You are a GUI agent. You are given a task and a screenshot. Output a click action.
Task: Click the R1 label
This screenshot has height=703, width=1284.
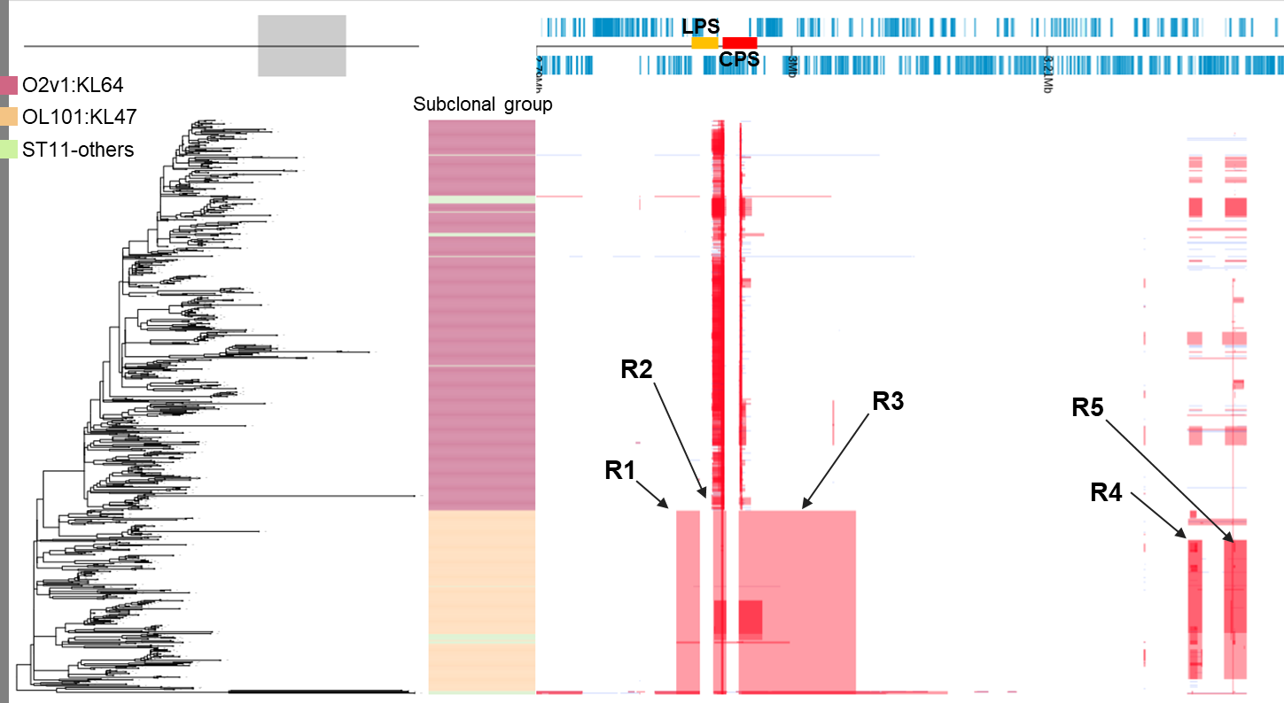tap(620, 470)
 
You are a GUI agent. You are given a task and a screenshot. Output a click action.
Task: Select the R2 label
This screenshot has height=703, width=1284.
tap(636, 369)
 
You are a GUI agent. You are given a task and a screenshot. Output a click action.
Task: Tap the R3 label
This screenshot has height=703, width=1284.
tap(888, 402)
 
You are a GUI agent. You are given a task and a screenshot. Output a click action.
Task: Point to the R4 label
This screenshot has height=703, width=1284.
tap(1106, 492)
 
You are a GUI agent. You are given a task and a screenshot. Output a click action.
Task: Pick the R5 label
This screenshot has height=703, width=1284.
tap(1087, 407)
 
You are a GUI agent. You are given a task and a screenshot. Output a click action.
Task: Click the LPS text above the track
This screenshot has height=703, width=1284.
tap(701, 26)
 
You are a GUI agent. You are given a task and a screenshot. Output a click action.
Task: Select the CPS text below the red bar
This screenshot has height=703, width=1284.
tap(739, 59)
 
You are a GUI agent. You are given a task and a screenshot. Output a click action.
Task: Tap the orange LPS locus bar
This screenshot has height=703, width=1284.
tap(704, 42)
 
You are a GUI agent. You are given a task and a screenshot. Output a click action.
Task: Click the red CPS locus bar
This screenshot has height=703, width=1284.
tap(740, 42)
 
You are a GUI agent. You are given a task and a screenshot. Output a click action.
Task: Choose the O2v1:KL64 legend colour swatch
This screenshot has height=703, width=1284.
tap(10, 86)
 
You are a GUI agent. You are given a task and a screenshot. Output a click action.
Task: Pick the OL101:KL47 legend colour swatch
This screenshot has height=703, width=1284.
tap(10, 118)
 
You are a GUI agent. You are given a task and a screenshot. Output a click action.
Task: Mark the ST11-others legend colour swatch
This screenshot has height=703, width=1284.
tap(10, 150)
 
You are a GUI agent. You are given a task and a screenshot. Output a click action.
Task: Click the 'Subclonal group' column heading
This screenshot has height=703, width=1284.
tap(483, 105)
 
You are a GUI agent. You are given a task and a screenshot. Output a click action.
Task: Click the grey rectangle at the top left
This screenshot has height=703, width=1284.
tap(302, 46)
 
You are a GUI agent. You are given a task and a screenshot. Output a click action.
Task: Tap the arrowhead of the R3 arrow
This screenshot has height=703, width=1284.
tap(804, 508)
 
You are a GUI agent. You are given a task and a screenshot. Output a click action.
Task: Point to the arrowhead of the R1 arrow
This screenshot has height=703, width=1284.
tap(668, 507)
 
